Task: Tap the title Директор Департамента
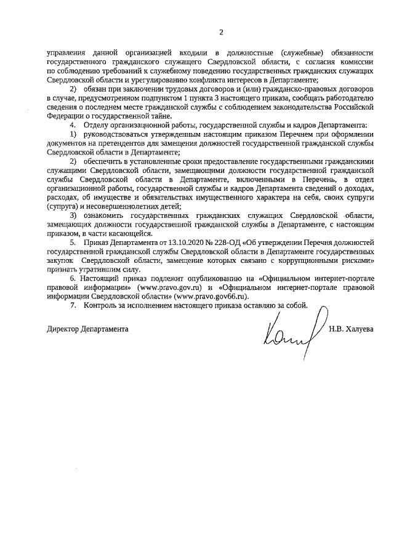[87, 329]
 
